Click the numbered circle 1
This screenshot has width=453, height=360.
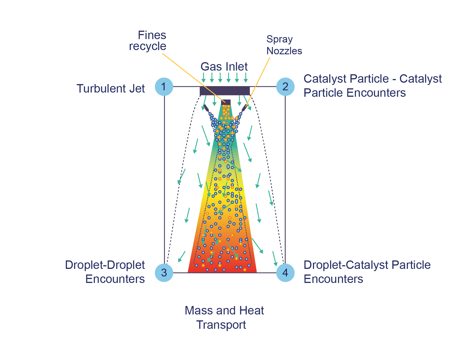pyautogui.click(x=164, y=87)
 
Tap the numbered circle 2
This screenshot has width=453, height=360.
pyautogui.click(x=285, y=87)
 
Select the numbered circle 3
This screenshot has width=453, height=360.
pyautogui.click(x=164, y=273)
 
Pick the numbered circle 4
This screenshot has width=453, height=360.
pyautogui.click(x=285, y=273)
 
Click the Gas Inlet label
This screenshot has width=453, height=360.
pyautogui.click(x=224, y=67)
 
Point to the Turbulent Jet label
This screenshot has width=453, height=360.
pyautogui.click(x=111, y=89)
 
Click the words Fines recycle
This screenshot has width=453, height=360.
pyautogui.click(x=148, y=41)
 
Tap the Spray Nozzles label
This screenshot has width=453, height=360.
pyautogui.click(x=284, y=45)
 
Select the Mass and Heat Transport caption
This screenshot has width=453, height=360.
pyautogui.click(x=224, y=318)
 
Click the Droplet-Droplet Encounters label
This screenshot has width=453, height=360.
pyautogui.click(x=105, y=272)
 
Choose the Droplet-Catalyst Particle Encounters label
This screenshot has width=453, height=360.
pyautogui.click(x=367, y=272)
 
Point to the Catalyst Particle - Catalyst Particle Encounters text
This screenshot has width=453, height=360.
pyautogui.click(x=372, y=86)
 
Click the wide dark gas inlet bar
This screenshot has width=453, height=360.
pyautogui.click(x=225, y=91)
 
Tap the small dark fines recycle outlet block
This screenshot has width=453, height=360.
pyautogui.click(x=226, y=102)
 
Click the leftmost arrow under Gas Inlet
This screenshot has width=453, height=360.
pyautogui.click(x=203, y=77)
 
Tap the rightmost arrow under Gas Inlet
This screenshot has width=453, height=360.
pyautogui.click(x=246, y=77)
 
